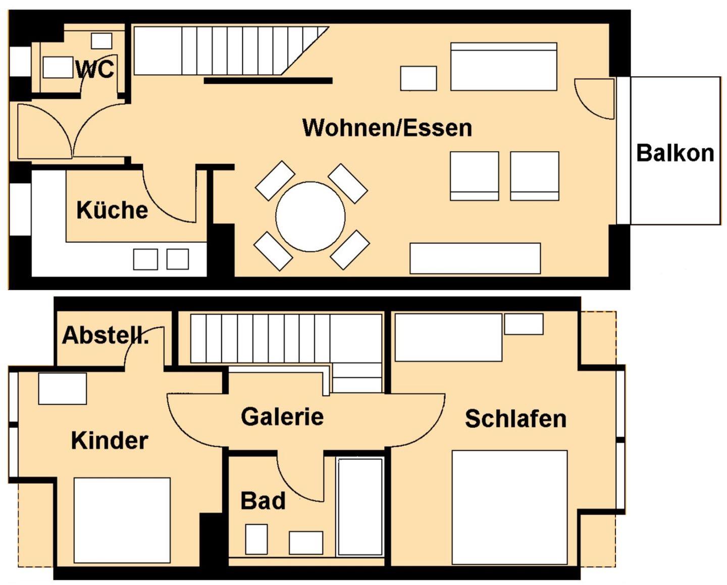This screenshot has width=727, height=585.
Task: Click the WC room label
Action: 94,69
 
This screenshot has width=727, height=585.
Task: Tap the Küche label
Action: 112,210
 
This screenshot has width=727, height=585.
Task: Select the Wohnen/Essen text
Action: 387,128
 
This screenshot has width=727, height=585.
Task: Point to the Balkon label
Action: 675,153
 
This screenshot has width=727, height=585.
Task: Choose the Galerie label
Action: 282,416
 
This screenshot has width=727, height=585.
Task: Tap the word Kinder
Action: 110,441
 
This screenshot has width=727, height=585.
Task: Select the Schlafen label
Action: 515,419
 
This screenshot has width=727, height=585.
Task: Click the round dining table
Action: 310,217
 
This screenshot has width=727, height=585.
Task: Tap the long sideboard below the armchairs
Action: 475,258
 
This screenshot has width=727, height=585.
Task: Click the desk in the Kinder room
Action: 63,389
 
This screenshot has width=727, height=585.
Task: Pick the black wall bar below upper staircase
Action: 268,81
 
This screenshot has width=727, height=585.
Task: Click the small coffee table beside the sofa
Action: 418,78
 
